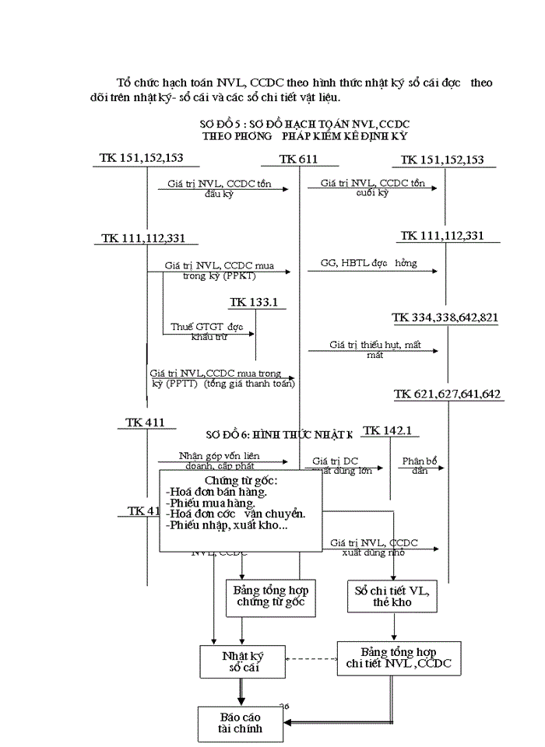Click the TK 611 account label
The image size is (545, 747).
[299, 160]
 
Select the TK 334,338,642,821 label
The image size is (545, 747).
[445, 317]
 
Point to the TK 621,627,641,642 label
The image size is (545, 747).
[447, 394]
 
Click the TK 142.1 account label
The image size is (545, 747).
[387, 430]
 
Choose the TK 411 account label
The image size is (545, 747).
[146, 423]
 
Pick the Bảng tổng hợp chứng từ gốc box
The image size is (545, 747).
[269, 596]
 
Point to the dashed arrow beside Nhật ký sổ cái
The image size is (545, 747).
[311, 658]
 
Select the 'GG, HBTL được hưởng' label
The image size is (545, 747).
[368, 264]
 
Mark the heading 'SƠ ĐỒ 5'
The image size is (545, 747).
[304, 124]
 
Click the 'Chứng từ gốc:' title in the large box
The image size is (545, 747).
[241, 480]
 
